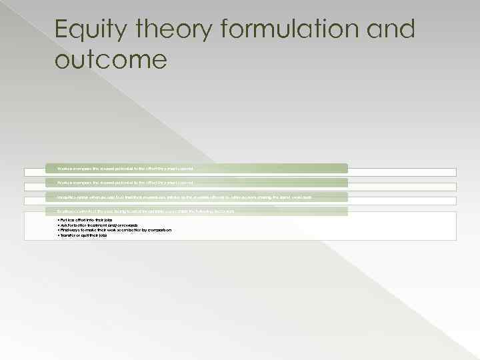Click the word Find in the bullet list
click(64, 230)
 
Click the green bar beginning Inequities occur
click(186, 197)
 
